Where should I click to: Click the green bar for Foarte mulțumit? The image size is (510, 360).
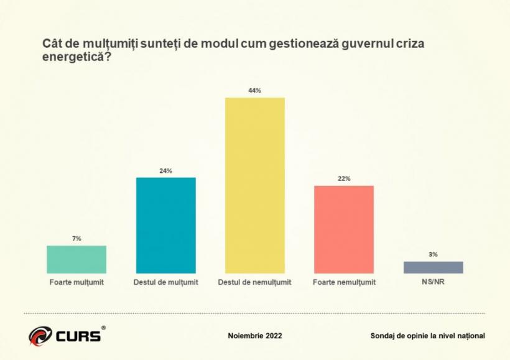(x=76, y=259)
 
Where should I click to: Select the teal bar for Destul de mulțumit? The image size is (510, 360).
(x=165, y=225)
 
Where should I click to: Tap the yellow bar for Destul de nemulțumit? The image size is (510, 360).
(x=254, y=185)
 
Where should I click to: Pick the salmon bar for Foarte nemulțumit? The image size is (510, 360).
(x=344, y=229)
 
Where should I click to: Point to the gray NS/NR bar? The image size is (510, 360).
(x=433, y=267)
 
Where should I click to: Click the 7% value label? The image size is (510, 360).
(x=76, y=239)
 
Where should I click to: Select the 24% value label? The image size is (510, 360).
(x=165, y=171)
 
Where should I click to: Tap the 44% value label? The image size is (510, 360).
(x=254, y=91)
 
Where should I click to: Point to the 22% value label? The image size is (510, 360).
(x=344, y=179)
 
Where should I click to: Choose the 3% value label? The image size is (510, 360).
(x=433, y=254)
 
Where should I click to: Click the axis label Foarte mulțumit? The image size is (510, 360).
(x=76, y=282)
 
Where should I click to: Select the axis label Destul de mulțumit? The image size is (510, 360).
(x=165, y=282)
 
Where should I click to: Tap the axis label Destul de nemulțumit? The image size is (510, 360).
(x=254, y=282)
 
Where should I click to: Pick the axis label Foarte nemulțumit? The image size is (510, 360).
(x=344, y=282)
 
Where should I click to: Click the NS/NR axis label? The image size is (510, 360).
(x=433, y=282)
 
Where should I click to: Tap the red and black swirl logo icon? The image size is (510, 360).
(x=41, y=336)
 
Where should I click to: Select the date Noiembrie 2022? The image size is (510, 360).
(x=255, y=336)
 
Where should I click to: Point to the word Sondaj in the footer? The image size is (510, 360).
(x=382, y=336)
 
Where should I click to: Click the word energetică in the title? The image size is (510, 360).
(x=69, y=57)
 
